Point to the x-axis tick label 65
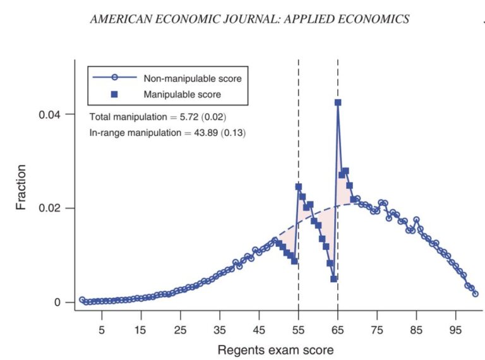[338, 329]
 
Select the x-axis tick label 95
[456, 329]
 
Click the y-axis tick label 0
[57, 303]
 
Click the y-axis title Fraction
[22, 187]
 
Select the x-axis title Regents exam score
[275, 349]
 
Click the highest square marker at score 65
[338, 102]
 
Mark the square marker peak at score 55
[298, 187]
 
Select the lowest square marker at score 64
[334, 279]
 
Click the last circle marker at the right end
[476, 294]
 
